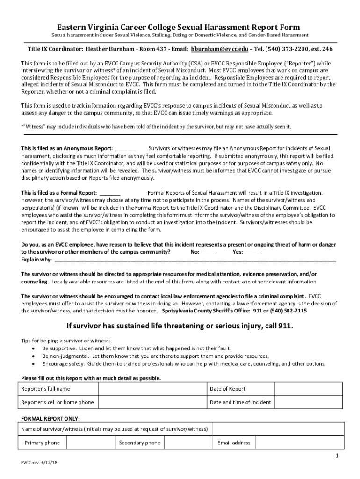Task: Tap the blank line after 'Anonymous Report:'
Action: click(x=125, y=149)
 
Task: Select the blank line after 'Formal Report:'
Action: click(x=110, y=193)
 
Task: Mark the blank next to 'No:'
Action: click(x=208, y=252)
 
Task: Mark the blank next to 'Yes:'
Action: click(x=252, y=252)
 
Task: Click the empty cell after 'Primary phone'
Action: click(x=90, y=443)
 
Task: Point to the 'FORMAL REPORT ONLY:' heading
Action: click(x=50, y=419)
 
